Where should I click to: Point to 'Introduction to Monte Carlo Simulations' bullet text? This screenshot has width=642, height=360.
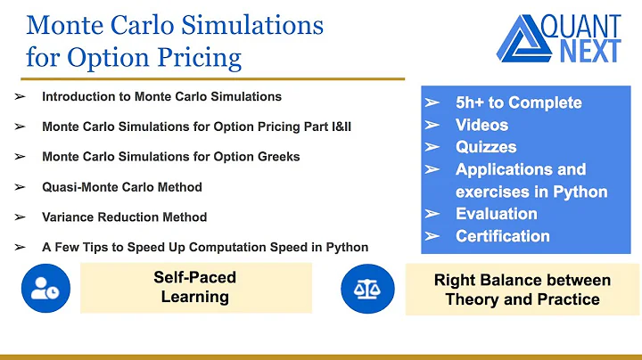pyautogui.click(x=161, y=96)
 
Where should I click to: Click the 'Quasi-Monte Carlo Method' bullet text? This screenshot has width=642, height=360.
pyautogui.click(x=122, y=187)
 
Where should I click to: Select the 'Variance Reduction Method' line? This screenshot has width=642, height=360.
pyautogui.click(x=124, y=217)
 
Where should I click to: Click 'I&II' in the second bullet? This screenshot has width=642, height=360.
pyautogui.click(x=337, y=127)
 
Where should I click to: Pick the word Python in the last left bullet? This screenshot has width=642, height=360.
pyautogui.click(x=346, y=247)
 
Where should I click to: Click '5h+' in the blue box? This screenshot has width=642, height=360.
pyautogui.click(x=473, y=102)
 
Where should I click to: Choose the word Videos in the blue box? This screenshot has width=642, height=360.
pyautogui.click(x=481, y=125)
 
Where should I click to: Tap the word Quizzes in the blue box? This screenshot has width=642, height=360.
pyautogui.click(x=486, y=147)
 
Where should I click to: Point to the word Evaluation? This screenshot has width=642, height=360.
pyautogui.click(x=496, y=214)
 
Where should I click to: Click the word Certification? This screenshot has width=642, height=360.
pyautogui.click(x=503, y=236)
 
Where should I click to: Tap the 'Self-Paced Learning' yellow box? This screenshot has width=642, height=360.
pyautogui.click(x=195, y=287)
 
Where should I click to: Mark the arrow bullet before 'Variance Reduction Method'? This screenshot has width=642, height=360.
pyautogui.click(x=20, y=217)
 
